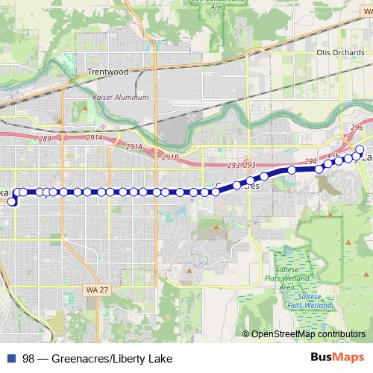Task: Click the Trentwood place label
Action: [108, 72]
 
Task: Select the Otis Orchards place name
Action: [338, 53]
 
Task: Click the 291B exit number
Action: [171, 157]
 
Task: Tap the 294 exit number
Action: [311, 161]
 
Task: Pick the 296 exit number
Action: [357, 128]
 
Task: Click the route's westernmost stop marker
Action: [12, 201]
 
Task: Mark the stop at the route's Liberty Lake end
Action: [360, 150]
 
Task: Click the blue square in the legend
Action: [11, 358]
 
